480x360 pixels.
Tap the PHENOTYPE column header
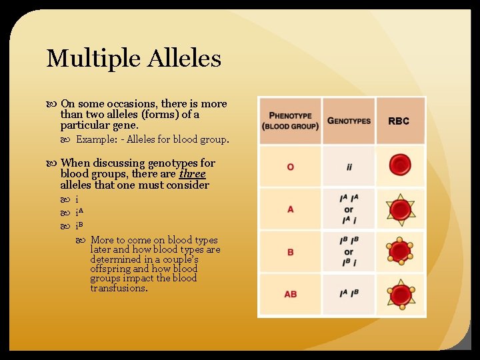pos(289,121)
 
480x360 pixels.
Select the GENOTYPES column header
pos(349,121)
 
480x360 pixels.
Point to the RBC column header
pos(399,121)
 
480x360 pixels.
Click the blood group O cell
pos(290,167)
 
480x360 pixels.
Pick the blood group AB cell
pos(290,294)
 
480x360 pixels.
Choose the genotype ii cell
pos(349,167)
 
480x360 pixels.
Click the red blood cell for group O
pos(400,165)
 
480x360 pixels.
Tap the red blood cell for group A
pos(400,209)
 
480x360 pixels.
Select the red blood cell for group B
pos(400,252)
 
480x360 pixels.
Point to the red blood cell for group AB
pos(400,294)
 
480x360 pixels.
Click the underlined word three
pos(193,174)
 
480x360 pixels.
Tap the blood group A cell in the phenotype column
pos(290,209)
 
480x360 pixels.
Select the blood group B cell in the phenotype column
pos(290,252)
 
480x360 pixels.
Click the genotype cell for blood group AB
pos(349,294)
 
